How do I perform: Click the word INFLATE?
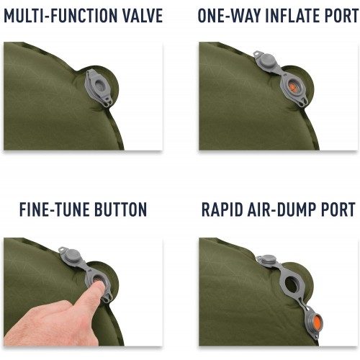(291, 15)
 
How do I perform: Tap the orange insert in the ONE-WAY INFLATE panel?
(293, 87)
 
